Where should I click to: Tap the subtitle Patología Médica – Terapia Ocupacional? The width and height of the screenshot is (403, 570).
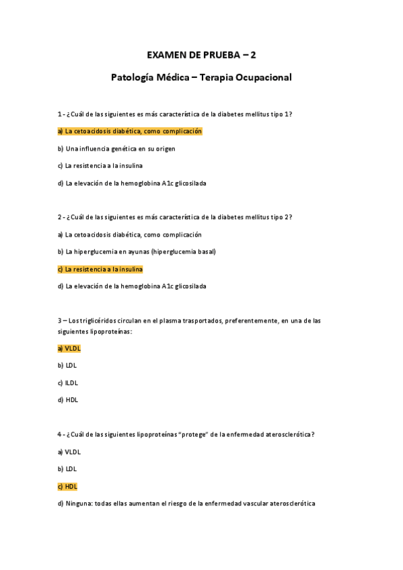click(201, 77)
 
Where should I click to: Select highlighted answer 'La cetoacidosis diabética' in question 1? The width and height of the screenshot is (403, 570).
click(130, 131)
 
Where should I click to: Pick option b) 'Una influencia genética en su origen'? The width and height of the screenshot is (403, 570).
click(116, 149)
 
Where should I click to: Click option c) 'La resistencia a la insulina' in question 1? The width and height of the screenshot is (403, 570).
click(100, 165)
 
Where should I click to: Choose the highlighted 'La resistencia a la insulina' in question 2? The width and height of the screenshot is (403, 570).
click(100, 269)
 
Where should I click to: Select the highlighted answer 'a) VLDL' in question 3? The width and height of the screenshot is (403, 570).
click(69, 348)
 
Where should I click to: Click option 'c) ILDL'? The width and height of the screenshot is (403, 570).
click(68, 383)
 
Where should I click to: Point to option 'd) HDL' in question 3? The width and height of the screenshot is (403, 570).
click(68, 400)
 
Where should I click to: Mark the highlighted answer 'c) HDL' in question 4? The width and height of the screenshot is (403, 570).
click(68, 486)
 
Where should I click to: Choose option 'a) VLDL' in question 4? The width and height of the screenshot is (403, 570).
click(69, 452)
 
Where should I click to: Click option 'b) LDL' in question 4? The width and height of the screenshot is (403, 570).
click(67, 469)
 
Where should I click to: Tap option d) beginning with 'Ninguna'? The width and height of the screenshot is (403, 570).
click(186, 503)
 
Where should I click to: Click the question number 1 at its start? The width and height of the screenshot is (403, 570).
click(60, 114)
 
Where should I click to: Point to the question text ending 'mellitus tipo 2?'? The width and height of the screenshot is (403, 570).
click(175, 217)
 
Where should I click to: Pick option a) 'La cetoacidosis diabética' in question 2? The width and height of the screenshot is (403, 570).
click(130, 235)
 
